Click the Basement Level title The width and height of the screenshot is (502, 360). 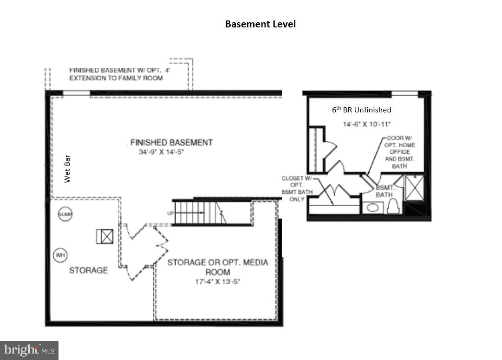[x=260, y=24]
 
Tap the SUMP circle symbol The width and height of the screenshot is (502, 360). [x=65, y=214]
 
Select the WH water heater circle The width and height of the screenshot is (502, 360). [x=60, y=255]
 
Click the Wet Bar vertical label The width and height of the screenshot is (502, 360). [x=68, y=172]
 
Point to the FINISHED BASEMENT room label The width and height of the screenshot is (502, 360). [x=171, y=143]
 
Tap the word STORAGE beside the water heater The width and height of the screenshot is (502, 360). [x=88, y=270]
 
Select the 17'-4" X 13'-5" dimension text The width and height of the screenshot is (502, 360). [x=217, y=281]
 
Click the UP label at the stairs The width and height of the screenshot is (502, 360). [x=170, y=213]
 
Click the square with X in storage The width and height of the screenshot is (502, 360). [x=104, y=236]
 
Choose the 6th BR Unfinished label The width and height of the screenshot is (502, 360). [x=361, y=110]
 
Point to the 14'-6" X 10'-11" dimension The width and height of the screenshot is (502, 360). [x=367, y=124]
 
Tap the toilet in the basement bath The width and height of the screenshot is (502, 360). [x=393, y=207]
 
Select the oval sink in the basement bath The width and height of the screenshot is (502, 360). [x=372, y=207]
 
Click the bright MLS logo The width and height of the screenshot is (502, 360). [x=29, y=350]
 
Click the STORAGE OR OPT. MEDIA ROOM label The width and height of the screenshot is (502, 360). [x=217, y=267]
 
